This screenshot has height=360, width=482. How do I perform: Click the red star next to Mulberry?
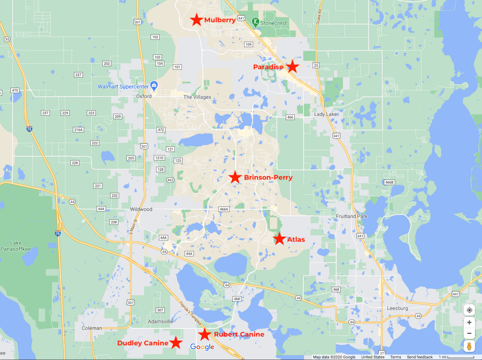196,20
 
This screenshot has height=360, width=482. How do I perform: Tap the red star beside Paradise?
292,67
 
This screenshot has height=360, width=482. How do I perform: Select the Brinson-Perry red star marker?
235,177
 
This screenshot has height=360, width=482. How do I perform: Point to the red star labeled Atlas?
280,239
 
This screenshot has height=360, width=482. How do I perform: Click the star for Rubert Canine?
205,334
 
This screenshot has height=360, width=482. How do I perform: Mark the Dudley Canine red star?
175,343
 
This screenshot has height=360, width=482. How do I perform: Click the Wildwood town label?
141,209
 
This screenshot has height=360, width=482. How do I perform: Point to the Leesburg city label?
397,308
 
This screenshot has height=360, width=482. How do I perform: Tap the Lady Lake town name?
326,115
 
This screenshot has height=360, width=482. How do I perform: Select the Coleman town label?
92,328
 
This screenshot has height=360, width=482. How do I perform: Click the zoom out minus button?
469,333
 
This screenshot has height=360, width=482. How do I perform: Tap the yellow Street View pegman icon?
469,346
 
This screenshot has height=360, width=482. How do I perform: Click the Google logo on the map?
202,347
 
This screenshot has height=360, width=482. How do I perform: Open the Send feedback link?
420,357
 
